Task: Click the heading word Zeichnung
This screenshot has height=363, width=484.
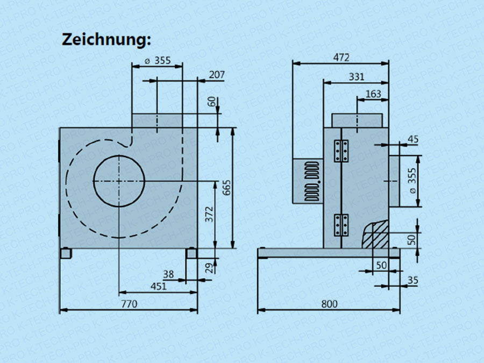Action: click(x=106, y=39)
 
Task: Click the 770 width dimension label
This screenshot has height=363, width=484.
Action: click(x=129, y=304)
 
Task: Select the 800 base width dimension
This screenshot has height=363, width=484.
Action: click(x=329, y=304)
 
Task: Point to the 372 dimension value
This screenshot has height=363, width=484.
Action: click(x=210, y=214)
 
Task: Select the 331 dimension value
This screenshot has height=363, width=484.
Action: click(x=356, y=77)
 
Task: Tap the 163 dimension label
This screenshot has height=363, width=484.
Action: click(x=373, y=94)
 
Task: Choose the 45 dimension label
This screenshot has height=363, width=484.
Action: click(x=413, y=139)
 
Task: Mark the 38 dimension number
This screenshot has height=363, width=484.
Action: click(x=168, y=274)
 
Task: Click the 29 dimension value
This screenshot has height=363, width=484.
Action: click(x=209, y=267)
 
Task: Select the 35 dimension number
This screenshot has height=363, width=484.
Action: click(x=413, y=280)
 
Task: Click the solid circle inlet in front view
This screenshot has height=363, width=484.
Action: click(x=119, y=181)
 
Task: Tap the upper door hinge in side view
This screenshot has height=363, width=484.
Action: click(x=341, y=151)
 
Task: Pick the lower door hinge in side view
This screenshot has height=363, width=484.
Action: click(x=341, y=224)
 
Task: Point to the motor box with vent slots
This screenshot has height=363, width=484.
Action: click(x=308, y=181)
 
